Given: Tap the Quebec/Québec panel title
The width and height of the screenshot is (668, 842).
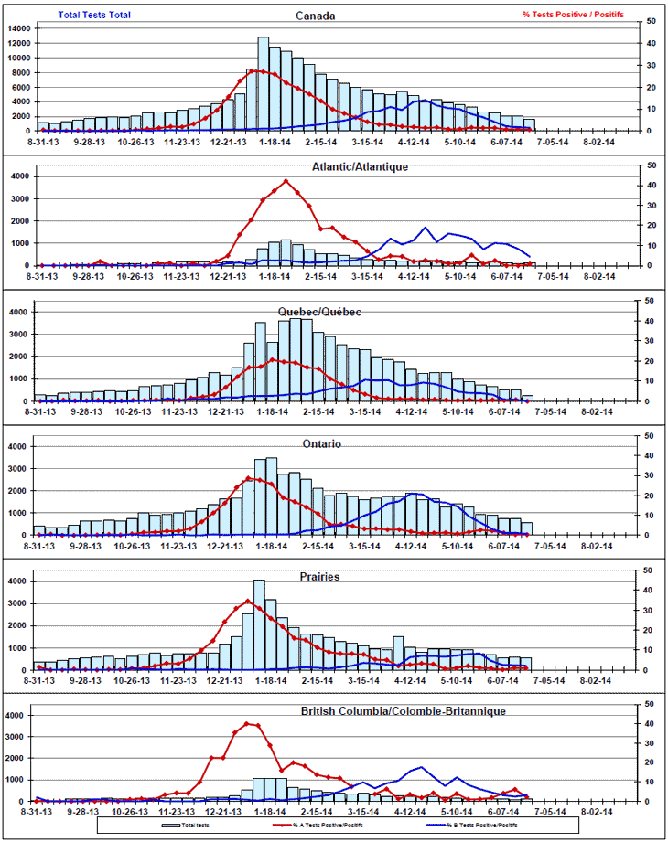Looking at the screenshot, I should [x=319, y=313].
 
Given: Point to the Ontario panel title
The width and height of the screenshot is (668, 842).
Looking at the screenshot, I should [x=323, y=443].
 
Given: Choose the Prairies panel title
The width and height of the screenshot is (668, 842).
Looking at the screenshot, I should [x=319, y=578].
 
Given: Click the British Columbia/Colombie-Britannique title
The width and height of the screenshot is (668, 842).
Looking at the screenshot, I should [x=403, y=710].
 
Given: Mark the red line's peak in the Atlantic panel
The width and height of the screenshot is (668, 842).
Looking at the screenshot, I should [x=286, y=180].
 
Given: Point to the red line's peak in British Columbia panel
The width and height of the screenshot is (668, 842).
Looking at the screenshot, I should [x=249, y=723].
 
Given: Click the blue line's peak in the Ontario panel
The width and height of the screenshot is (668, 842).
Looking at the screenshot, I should [x=417, y=494].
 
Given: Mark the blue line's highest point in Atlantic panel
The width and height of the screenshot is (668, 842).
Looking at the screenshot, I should [x=426, y=228].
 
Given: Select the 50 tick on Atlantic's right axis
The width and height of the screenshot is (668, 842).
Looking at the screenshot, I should [x=650, y=165].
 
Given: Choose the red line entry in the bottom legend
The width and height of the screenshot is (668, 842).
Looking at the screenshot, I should [x=329, y=823].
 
